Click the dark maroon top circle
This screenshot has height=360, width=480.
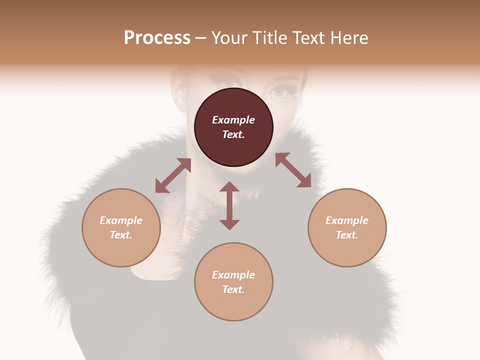tap(233, 127)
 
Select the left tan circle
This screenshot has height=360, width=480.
tap(121, 227)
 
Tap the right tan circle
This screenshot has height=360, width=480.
tap(347, 227)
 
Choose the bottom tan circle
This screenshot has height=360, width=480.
tap(233, 282)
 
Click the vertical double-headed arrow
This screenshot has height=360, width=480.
tap(229, 205)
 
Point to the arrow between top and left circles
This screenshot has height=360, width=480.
tap(173, 175)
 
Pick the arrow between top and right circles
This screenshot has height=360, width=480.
tap(293, 170)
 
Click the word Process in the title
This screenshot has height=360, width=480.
tap(157, 37)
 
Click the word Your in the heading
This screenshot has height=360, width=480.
tap(229, 37)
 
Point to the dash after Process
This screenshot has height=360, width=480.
tap(200, 38)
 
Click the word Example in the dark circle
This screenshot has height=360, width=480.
tap(233, 120)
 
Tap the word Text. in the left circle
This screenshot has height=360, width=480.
tap(121, 235)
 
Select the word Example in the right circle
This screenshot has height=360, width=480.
tap(347, 220)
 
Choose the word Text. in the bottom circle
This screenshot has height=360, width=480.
tap(233, 289)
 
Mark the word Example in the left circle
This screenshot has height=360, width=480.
tap(121, 220)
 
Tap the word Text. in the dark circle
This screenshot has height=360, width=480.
tap(233, 134)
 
